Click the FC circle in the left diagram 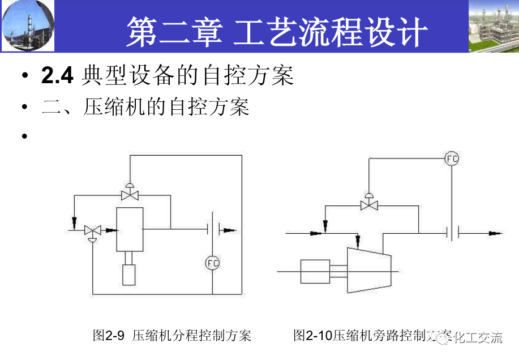pos(212,263)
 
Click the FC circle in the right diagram pos(451,158)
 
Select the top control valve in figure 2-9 pos(130,195)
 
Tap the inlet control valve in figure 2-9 pos(92,230)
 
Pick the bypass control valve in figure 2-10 pos(369,205)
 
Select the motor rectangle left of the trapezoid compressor pos(315,271)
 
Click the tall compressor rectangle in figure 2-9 pos(130,229)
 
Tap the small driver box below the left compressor pos(130,275)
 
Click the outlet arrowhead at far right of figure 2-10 pos(495,233)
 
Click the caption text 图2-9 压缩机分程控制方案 pos(172,336)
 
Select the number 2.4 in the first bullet pos(57,76)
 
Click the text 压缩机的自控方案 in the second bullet pos(166,107)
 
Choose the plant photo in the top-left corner pos(28,25)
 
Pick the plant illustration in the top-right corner pos(493,26)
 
